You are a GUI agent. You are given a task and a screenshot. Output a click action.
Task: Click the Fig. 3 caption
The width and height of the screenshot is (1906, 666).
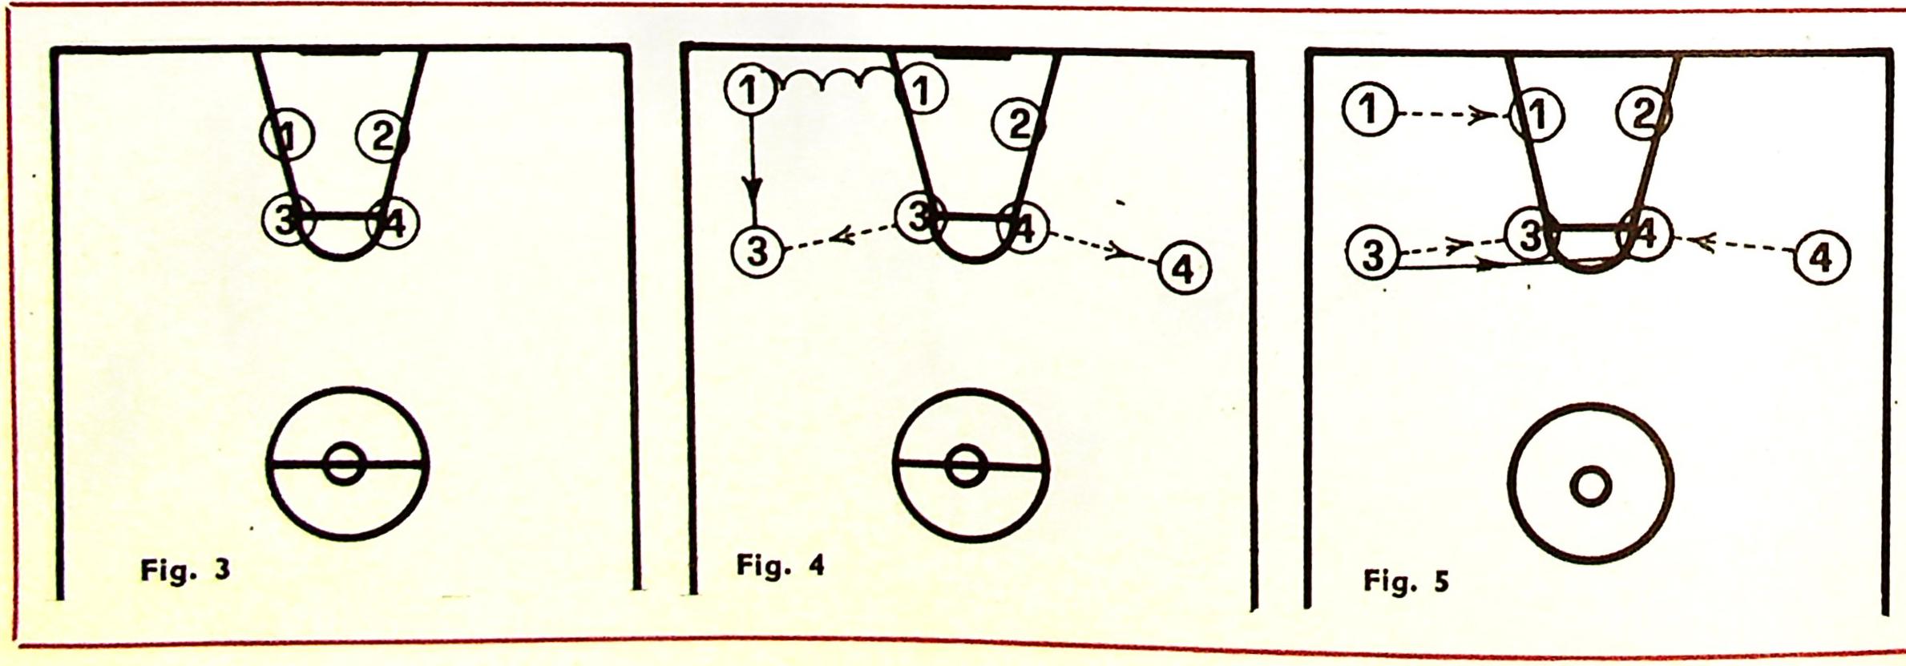[x=184, y=571]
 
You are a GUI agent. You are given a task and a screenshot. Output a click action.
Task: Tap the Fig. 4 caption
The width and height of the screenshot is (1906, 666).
[x=780, y=565]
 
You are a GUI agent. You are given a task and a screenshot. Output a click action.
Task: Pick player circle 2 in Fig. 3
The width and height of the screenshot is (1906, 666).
[x=382, y=137]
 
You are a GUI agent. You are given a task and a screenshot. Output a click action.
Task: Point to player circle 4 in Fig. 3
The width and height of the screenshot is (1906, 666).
[x=392, y=223]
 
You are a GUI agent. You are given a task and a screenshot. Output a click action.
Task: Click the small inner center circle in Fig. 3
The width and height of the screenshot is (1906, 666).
[x=345, y=463]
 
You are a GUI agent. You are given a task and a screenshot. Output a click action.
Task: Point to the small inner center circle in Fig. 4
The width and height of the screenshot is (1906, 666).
[x=965, y=467]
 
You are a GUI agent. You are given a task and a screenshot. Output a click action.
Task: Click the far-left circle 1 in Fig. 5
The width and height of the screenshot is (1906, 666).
[x=1369, y=110]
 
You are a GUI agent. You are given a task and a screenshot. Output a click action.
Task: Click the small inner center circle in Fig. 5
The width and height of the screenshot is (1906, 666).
[x=1590, y=486]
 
